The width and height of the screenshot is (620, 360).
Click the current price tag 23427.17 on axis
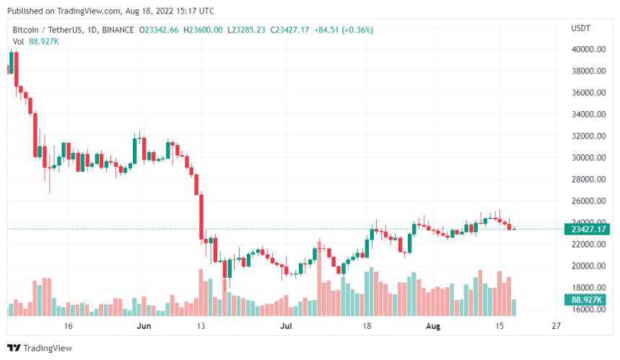click(x=588, y=229)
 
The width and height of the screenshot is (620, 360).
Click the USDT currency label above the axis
click(x=580, y=29)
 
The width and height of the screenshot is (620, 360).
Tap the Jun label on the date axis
click(x=144, y=326)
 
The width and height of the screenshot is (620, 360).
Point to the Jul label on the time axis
click(x=287, y=326)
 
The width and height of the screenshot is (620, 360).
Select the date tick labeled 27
click(x=555, y=326)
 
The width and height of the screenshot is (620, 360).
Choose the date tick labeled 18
click(x=367, y=326)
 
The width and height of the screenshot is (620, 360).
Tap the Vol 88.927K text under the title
click(x=35, y=42)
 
